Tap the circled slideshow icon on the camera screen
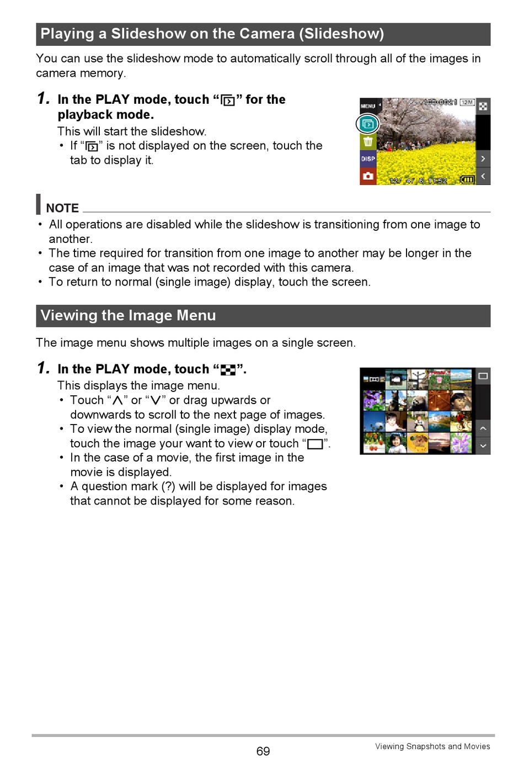pyautogui.click(x=368, y=124)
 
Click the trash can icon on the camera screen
pyautogui.click(x=368, y=142)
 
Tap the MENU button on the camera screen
pyautogui.click(x=368, y=105)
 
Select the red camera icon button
pyautogui.click(x=368, y=176)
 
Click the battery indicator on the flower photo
pyautogui.click(x=467, y=179)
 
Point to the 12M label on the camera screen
pyautogui.click(x=467, y=103)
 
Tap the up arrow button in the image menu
pyautogui.click(x=483, y=428)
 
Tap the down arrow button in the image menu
pyautogui.click(x=483, y=446)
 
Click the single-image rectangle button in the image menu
pyautogui.click(x=483, y=376)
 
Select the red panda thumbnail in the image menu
pyautogui.click(x=418, y=400)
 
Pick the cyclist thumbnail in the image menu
pyautogui.click(x=461, y=422)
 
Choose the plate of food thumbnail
pyautogui.click(x=418, y=442)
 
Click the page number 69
pyautogui.click(x=263, y=751)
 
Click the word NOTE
pyautogui.click(x=62, y=208)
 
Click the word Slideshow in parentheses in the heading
pyautogui.click(x=341, y=34)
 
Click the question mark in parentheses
pyautogui.click(x=168, y=486)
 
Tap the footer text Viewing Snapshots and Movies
pyautogui.click(x=432, y=746)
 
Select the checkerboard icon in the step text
pyautogui.click(x=228, y=370)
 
